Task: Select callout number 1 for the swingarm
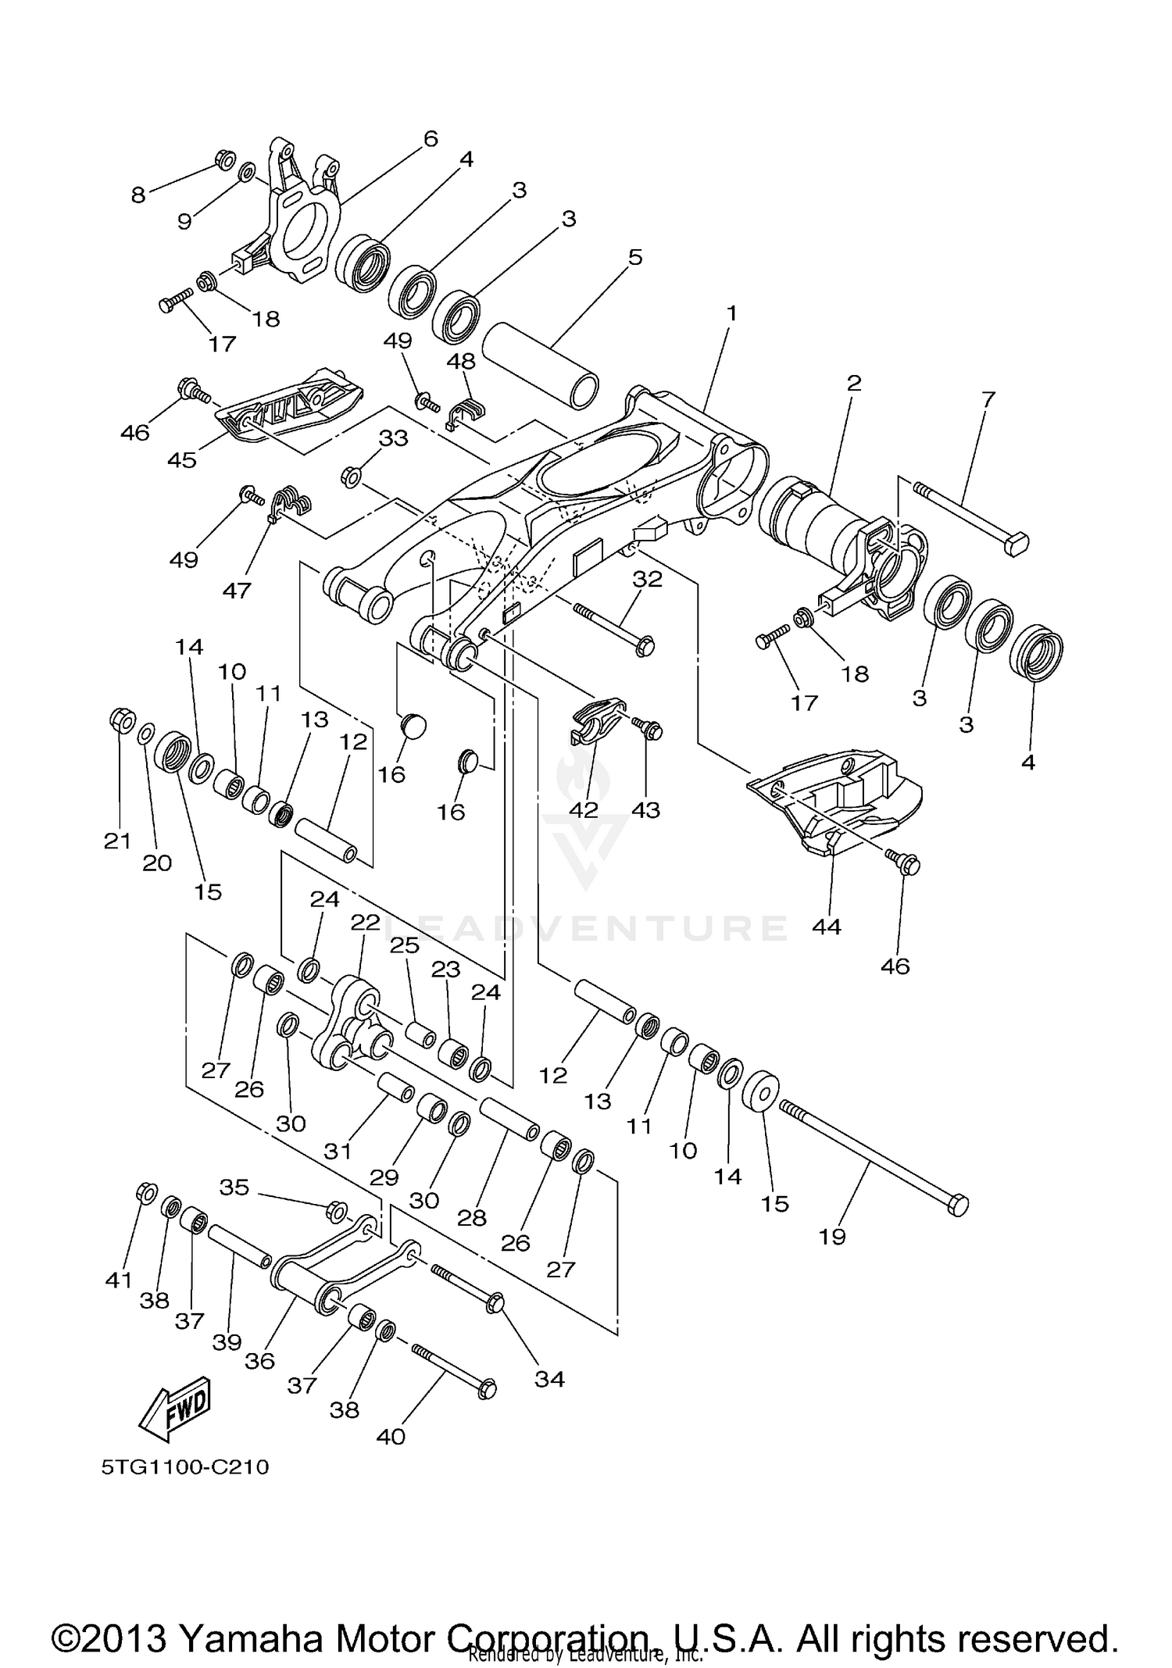coord(731,313)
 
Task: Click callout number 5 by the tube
coord(635,257)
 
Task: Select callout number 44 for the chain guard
coord(827,927)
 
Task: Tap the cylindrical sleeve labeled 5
coord(541,366)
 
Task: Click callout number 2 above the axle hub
coord(853,383)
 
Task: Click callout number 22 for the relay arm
coord(364,923)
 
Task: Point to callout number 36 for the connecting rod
coord(259,1361)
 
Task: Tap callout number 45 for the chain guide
coord(182,459)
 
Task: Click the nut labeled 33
coord(350,474)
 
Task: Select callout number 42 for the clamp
coord(583,809)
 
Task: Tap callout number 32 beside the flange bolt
coord(647,579)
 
